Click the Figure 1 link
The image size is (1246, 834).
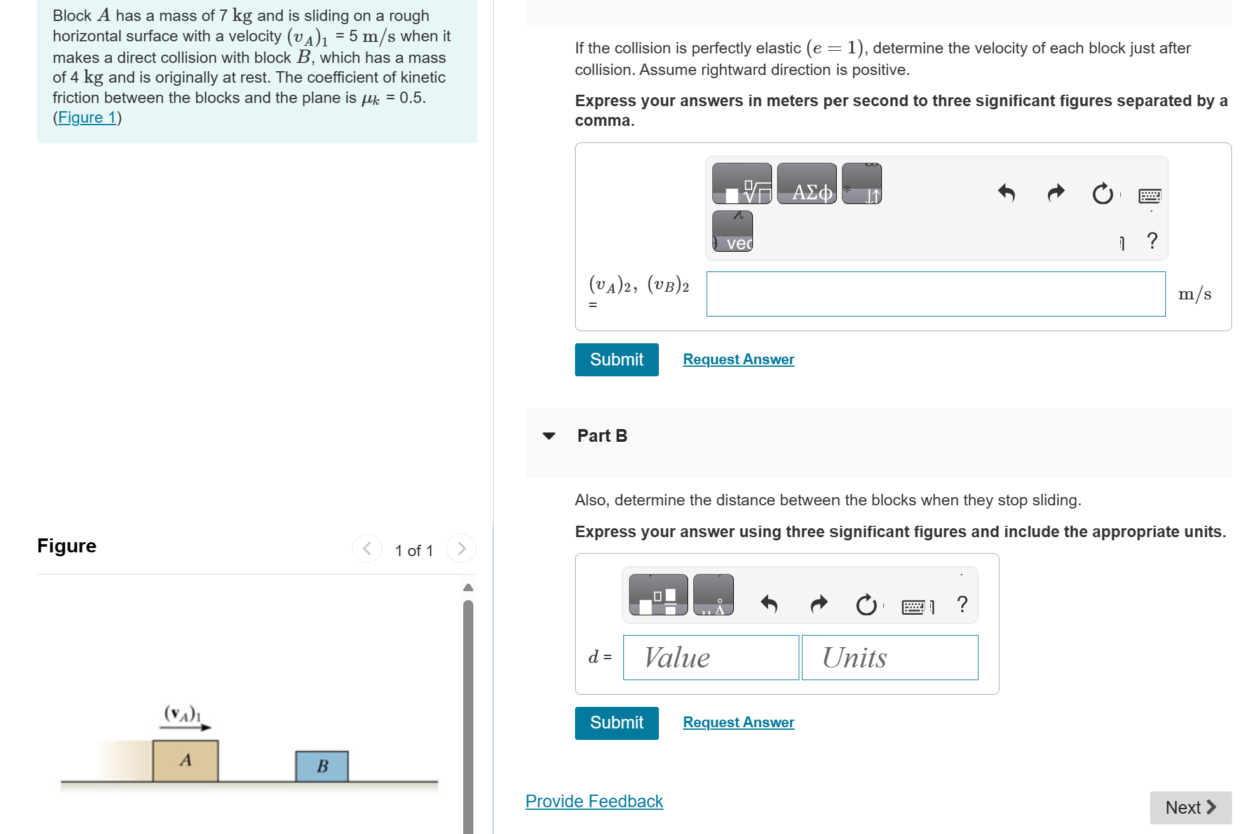click(87, 118)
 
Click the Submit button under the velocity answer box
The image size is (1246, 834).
click(616, 360)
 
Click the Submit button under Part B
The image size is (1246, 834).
click(616, 723)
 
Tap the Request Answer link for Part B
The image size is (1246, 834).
click(738, 723)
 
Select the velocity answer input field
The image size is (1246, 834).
click(935, 294)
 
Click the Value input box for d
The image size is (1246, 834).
click(710, 657)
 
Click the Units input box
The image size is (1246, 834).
click(889, 657)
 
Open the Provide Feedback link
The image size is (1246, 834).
click(593, 802)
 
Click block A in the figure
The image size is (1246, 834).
click(186, 760)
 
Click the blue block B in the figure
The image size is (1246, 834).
click(322, 766)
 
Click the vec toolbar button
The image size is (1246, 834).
click(732, 231)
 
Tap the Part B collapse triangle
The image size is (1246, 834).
click(549, 436)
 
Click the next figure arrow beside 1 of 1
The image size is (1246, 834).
click(461, 548)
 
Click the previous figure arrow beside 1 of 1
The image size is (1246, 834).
click(367, 548)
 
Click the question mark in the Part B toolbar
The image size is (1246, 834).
click(962, 604)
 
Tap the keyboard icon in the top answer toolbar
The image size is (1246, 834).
click(1149, 195)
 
